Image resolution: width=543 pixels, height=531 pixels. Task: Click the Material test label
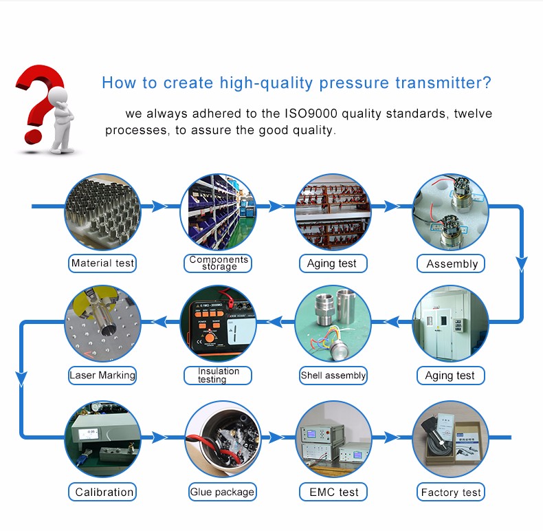tap(102, 263)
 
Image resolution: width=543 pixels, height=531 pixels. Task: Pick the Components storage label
tap(218, 263)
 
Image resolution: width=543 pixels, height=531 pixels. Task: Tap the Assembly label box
tap(450, 263)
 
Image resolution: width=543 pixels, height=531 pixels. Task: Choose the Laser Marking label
tap(102, 376)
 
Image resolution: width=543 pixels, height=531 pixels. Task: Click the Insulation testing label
tap(218, 376)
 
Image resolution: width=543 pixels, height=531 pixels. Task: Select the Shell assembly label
tap(333, 376)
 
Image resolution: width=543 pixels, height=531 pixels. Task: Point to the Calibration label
tap(102, 492)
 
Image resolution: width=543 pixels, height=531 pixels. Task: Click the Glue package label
tap(222, 492)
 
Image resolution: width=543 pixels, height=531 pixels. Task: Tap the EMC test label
tap(333, 492)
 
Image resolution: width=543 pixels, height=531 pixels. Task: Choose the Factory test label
tap(450, 492)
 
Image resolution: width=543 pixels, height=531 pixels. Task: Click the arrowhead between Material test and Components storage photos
tap(159, 206)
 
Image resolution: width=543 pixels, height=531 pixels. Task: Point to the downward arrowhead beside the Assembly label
tap(522, 264)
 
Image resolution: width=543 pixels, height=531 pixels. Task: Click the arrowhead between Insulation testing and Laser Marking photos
tap(159, 322)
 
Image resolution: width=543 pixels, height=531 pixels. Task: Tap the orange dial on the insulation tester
tap(209, 337)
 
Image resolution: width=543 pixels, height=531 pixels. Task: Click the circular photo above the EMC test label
tap(333, 439)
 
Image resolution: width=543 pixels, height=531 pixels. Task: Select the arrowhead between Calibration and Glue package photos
tap(159, 437)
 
